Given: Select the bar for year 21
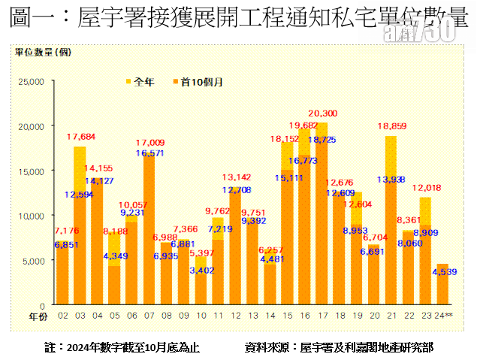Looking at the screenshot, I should pos(391,225).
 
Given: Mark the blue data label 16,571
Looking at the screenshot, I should pos(150,153).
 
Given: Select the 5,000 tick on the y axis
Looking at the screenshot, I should pos(33,260).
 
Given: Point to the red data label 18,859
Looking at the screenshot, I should pos(393,126).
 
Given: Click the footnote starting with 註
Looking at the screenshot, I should pos(122,347).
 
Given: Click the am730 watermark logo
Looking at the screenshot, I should pos(430,32).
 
